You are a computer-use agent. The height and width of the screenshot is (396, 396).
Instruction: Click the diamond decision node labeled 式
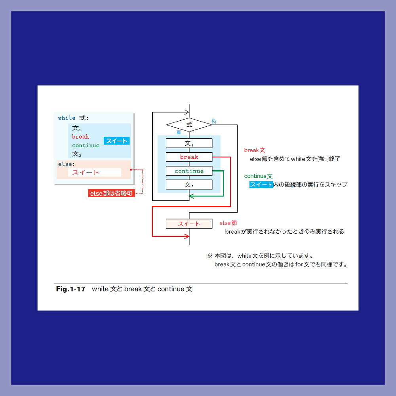point(189,125)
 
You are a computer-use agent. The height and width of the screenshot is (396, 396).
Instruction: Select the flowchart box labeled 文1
point(189,143)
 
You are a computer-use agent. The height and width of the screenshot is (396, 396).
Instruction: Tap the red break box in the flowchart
point(189,157)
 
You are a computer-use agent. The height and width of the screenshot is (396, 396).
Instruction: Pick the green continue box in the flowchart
point(189,171)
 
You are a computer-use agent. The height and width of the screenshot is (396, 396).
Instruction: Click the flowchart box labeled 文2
point(189,185)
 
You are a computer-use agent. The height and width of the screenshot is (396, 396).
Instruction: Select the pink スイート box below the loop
point(189,224)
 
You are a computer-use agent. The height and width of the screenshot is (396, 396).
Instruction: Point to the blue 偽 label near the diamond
point(214,122)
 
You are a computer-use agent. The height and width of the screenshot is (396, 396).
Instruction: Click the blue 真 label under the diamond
point(179,132)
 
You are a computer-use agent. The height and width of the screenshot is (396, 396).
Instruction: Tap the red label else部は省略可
point(111,194)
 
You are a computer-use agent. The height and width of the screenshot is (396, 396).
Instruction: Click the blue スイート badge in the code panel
point(117,141)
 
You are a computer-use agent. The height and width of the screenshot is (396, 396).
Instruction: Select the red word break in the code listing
point(80,137)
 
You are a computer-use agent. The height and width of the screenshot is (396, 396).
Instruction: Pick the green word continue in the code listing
point(86,145)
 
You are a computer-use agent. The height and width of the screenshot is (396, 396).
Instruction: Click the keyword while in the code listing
point(67,118)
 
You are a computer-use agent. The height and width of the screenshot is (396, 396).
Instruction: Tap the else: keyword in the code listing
point(67,164)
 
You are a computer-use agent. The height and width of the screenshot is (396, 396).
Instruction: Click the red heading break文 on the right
point(255,150)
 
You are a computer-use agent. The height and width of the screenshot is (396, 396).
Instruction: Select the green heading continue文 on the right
point(258,176)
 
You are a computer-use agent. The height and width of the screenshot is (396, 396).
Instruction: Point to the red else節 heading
point(228,223)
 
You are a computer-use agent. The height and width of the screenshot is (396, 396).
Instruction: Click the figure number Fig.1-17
point(70,289)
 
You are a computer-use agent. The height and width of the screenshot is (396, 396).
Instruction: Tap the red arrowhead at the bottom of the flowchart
point(187,236)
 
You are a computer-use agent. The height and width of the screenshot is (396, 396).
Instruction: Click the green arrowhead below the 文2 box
point(191,196)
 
